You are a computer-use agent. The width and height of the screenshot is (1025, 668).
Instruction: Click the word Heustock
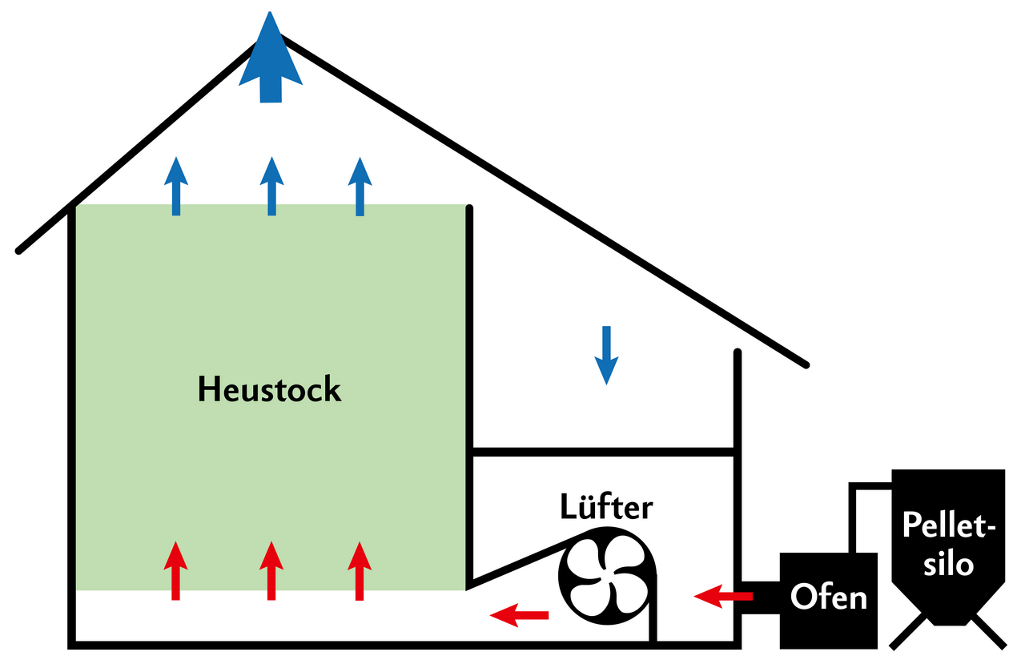pyautogui.click(x=269, y=390)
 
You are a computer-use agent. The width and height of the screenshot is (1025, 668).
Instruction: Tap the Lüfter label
pyautogui.click(x=606, y=507)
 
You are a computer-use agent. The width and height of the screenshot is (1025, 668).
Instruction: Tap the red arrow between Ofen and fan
pyautogui.click(x=722, y=595)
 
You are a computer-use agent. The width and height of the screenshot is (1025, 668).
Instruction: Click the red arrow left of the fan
pyautogui.click(x=519, y=615)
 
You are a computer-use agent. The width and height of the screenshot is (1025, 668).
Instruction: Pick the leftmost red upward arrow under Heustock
pyautogui.click(x=175, y=570)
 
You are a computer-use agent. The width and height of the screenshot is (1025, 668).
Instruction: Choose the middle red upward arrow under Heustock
pyautogui.click(x=271, y=570)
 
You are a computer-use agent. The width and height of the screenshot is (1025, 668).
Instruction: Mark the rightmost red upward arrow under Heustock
pyautogui.click(x=360, y=570)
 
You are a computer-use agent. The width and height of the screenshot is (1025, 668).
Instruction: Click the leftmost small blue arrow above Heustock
pyautogui.click(x=176, y=186)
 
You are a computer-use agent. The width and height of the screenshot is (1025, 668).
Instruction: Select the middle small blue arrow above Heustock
pyautogui.click(x=272, y=186)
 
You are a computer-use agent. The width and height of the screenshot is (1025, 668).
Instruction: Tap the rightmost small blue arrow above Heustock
pyautogui.click(x=360, y=186)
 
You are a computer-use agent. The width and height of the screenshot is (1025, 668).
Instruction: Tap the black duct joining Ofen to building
pyautogui.click(x=760, y=598)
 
